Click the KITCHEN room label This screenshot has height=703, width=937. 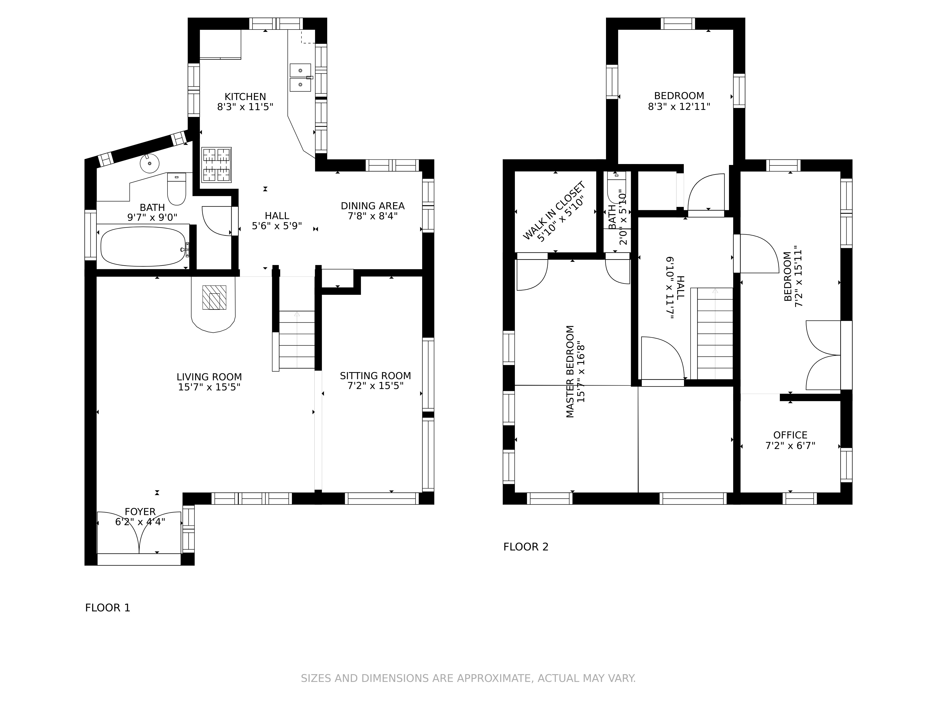pyautogui.click(x=245, y=97)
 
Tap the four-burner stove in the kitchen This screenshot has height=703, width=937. pyautogui.click(x=216, y=165)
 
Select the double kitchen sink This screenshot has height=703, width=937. pyautogui.click(x=300, y=78)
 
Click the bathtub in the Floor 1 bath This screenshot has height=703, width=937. pyautogui.click(x=143, y=247)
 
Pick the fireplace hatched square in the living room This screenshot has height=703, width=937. pyautogui.click(x=214, y=297)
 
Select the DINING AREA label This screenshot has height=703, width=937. pyautogui.click(x=373, y=206)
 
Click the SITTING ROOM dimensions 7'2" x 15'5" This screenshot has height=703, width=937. pyautogui.click(x=375, y=386)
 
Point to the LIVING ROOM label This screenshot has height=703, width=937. pyautogui.click(x=209, y=377)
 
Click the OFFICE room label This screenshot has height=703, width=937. pyautogui.click(x=790, y=435)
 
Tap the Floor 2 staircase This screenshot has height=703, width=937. pyautogui.click(x=715, y=333)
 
